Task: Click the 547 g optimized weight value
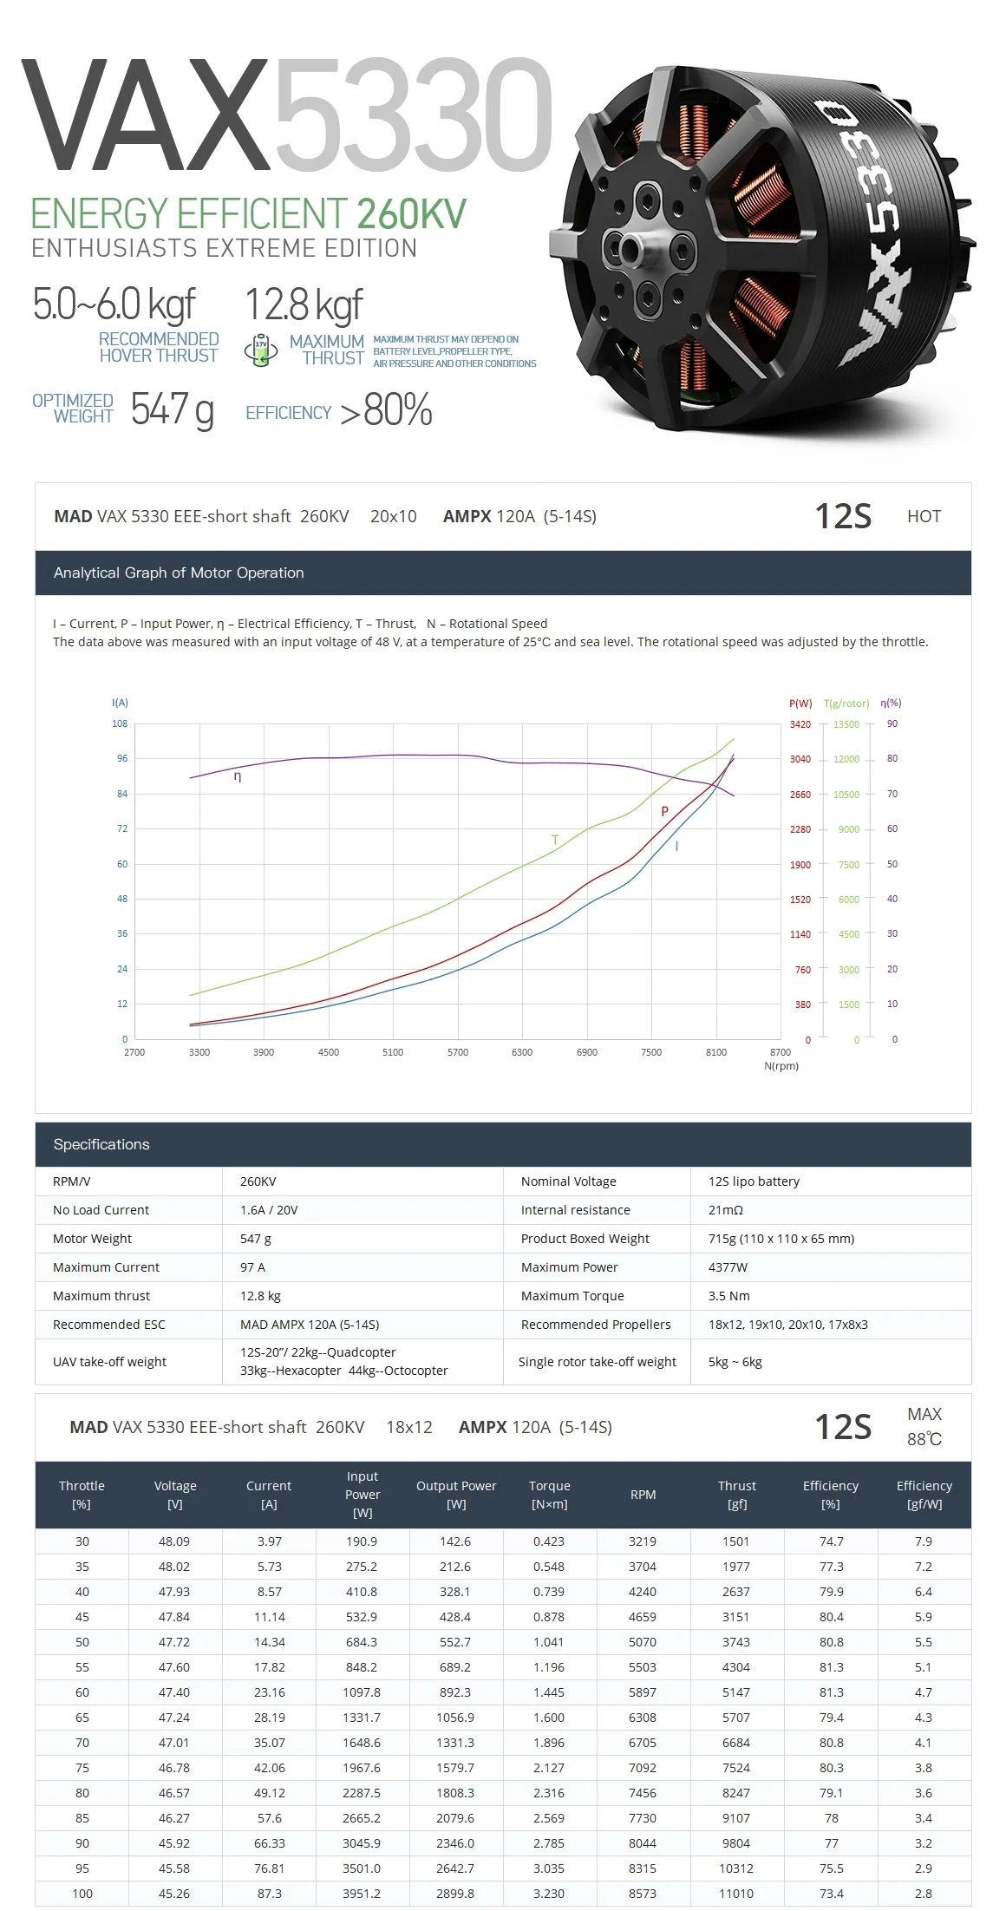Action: pos(172,409)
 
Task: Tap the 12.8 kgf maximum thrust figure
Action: pos(303,304)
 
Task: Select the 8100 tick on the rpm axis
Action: pos(715,1052)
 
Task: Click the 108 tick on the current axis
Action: pos(120,723)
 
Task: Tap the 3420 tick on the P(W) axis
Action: pos(800,724)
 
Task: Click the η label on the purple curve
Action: pos(238,776)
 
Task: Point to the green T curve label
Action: pos(555,840)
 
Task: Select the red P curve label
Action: pos(664,812)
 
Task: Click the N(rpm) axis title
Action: pos(781,1066)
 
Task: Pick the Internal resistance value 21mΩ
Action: pos(725,1210)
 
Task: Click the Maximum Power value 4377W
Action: pos(727,1267)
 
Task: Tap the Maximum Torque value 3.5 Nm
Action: pos(728,1296)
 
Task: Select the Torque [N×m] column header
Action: pos(549,1495)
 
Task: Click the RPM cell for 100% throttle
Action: pos(643,1894)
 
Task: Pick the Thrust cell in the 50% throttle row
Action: pos(736,1642)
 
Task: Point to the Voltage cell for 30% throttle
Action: pos(174,1541)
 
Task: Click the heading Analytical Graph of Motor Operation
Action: pos(179,573)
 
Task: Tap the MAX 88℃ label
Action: pos(924,1426)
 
